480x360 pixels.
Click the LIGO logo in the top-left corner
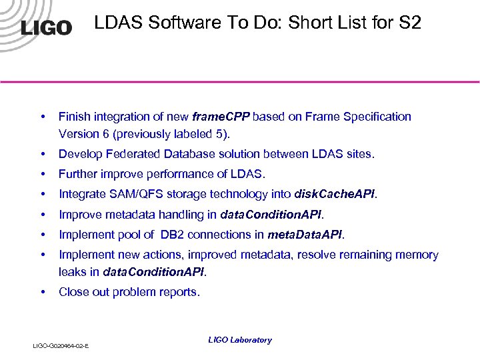46,27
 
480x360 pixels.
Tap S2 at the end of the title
411,23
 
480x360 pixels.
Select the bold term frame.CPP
221,117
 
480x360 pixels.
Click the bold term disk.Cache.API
335,194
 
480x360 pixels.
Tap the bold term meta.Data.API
305,234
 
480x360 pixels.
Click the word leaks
72,271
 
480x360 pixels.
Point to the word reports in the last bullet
179,291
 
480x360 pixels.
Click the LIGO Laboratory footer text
240,340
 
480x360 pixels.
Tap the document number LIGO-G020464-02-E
62,345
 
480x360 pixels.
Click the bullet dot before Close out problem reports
43,291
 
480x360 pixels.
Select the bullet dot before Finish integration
43,117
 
